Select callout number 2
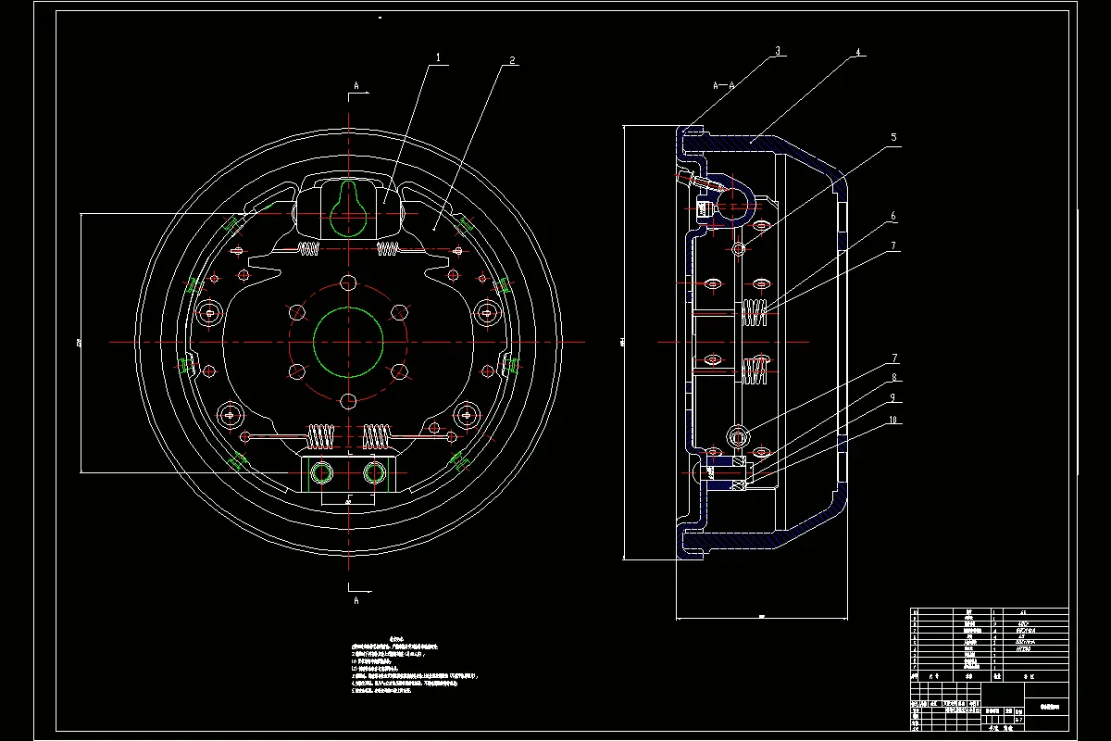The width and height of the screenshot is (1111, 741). click(512, 62)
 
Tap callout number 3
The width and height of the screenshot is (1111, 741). click(780, 52)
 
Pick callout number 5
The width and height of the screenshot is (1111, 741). click(893, 137)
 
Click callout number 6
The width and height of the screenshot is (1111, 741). click(893, 217)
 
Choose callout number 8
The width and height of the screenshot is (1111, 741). click(893, 378)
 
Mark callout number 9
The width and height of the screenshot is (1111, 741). click(893, 397)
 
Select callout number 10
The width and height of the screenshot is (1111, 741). click(893, 420)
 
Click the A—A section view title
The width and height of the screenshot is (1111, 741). click(723, 84)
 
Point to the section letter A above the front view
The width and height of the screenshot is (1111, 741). click(356, 85)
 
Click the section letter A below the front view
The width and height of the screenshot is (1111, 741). click(356, 600)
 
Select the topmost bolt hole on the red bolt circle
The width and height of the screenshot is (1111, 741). click(348, 283)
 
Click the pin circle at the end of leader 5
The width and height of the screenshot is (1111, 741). click(739, 249)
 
